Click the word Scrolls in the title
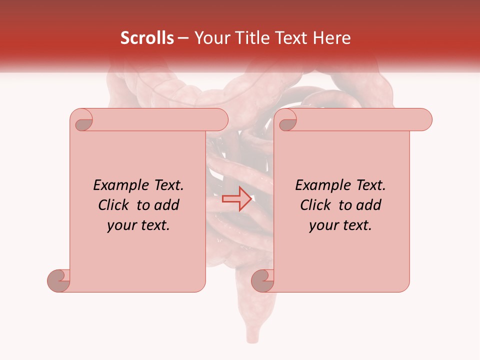tap(147, 38)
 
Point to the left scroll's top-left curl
tap(82, 120)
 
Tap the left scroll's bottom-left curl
tap(59, 280)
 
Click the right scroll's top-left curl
tap(286, 120)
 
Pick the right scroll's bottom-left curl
tap(262, 280)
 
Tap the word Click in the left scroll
tap(114, 205)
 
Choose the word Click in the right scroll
tap(316, 205)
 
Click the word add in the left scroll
tap(167, 205)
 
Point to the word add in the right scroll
tap(369, 205)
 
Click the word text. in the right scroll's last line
tap(356, 225)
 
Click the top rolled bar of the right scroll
tap(360, 120)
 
